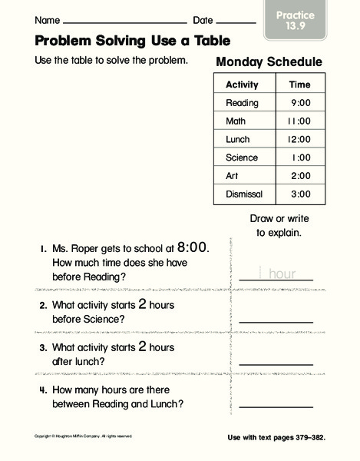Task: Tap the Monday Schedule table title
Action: (x=269, y=62)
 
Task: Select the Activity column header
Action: (x=242, y=85)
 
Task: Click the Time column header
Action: (x=299, y=85)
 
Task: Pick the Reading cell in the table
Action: (x=242, y=103)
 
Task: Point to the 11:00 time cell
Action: (x=299, y=121)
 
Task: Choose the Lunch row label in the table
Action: (x=238, y=140)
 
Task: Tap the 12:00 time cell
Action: (x=299, y=140)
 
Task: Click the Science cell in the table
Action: (x=242, y=158)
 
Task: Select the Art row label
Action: (x=233, y=176)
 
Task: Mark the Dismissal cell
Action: (x=244, y=194)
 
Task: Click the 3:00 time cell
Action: (x=300, y=194)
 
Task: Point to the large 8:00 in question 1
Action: (x=192, y=247)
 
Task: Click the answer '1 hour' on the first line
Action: (x=277, y=273)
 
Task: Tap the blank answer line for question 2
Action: (x=276, y=321)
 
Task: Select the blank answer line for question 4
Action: (x=276, y=406)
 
